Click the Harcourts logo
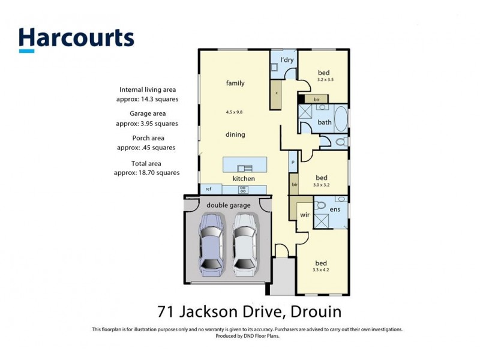click(76, 38)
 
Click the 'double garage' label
click(229, 205)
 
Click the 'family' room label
click(235, 83)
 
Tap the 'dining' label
click(235, 134)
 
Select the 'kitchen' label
click(244, 178)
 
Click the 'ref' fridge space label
click(208, 189)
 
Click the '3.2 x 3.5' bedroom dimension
click(324, 79)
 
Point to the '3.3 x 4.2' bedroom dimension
click(322, 270)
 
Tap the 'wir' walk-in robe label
click(304, 214)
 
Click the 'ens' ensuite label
click(335, 210)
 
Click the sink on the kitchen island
click(244, 168)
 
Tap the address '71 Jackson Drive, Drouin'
click(249, 311)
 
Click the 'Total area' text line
click(147, 163)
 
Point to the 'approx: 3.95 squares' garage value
click(147, 123)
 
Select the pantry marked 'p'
click(293, 162)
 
